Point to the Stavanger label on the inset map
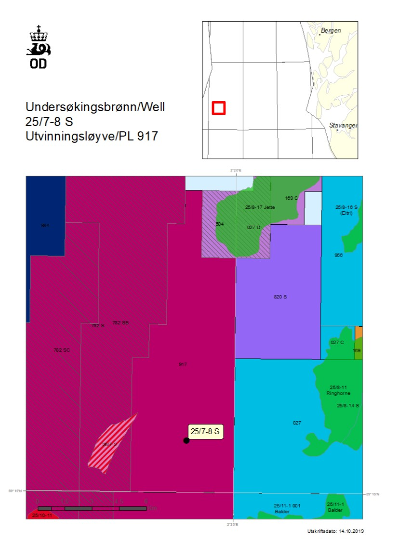(343, 125)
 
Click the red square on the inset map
(219, 108)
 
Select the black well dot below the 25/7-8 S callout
(186, 440)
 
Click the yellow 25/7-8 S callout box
(205, 431)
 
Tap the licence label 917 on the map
(183, 364)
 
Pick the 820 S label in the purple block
(280, 297)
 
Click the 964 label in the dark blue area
(45, 225)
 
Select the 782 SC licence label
(62, 350)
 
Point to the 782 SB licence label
(120, 322)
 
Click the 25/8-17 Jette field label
(260, 207)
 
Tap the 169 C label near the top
(292, 198)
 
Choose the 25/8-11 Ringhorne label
(339, 390)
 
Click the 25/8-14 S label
(348, 406)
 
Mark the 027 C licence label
(337, 342)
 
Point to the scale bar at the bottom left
(92, 508)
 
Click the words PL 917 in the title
(140, 136)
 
